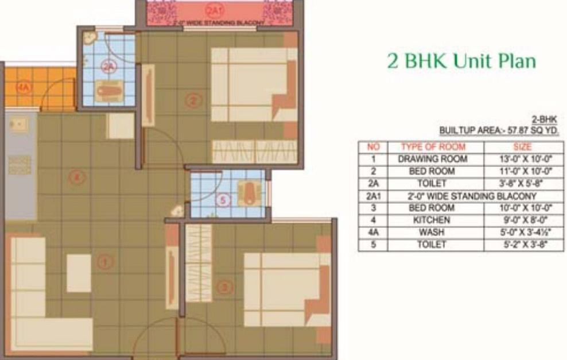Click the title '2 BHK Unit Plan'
coord(461,61)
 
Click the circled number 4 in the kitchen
coord(77,178)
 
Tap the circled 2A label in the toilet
coord(108,67)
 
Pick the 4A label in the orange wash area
coord(23,88)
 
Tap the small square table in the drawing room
coord(79,273)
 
